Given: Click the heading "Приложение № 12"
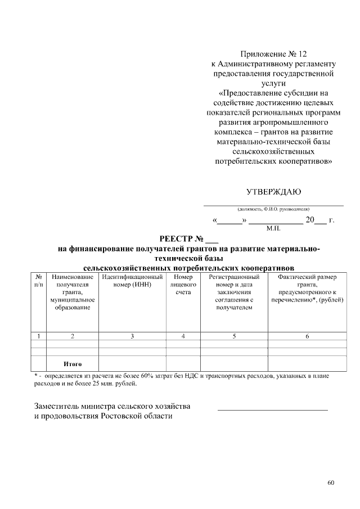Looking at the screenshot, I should coord(273,55).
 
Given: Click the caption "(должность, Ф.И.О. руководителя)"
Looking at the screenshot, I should coord(273,209).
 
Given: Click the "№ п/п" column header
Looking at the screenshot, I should coord(38,281).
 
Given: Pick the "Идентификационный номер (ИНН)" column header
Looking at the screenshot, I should coord(132,281).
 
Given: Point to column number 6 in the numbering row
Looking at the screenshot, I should coord(307,336).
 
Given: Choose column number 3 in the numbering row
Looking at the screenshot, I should coord(132,336).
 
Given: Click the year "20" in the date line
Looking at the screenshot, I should coord(309,220).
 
